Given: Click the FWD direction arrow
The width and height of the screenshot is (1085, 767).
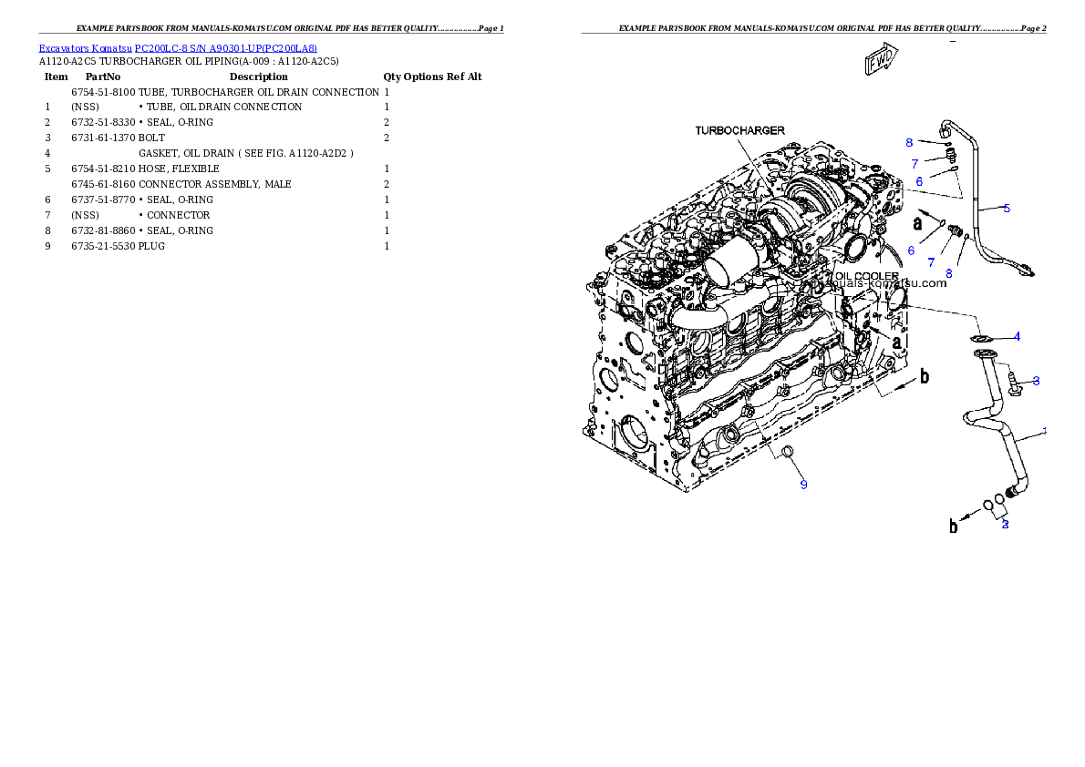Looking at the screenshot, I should [x=882, y=62].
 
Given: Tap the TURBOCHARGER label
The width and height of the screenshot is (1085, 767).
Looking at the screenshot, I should [x=739, y=131].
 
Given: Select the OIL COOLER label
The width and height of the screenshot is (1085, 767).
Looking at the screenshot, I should [x=863, y=275].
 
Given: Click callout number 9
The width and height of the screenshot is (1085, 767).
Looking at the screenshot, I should [x=803, y=485].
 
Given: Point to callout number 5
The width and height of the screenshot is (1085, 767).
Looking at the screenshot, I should [x=1007, y=209].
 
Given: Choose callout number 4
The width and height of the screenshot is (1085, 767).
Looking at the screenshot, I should [x=1018, y=336].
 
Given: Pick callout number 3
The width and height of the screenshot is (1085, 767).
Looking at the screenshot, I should [x=1036, y=380].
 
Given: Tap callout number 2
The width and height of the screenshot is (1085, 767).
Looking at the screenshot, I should [x=1005, y=524].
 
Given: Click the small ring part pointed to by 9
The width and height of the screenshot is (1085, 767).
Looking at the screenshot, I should [x=788, y=453].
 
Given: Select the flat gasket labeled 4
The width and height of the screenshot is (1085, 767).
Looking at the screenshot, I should [x=981, y=340].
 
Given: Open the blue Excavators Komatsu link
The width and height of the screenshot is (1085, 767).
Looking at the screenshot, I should [x=178, y=49].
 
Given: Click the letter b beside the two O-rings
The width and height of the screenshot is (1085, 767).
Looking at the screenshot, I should [x=955, y=526].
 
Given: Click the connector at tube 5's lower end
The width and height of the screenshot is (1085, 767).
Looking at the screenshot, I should [x=1027, y=269].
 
